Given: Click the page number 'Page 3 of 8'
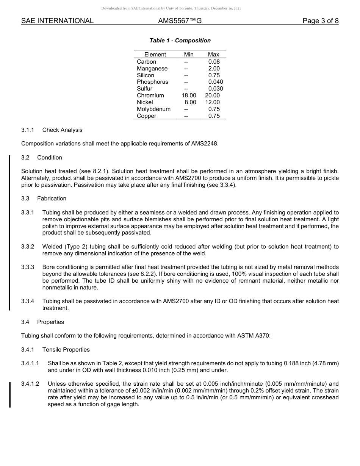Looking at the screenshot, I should point(320,21).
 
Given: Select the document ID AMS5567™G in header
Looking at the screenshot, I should point(180,21).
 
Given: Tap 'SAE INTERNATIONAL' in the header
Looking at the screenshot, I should point(57,21).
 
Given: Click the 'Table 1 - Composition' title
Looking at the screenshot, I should point(180,41).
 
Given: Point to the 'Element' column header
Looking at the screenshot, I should point(155,55).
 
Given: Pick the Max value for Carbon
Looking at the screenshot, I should point(214,62).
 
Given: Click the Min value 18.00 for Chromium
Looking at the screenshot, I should point(189,95).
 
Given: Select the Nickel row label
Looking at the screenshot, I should point(145,102).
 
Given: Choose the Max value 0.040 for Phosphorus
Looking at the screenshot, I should point(215,82).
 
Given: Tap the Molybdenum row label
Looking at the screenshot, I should point(153,109).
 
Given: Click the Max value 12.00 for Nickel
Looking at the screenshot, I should point(212,102).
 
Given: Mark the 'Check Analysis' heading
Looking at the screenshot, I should point(62,130).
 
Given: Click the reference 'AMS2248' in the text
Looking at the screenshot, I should point(205,144).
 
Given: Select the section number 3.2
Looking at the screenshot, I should point(25,158).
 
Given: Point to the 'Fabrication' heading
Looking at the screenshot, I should point(52,199).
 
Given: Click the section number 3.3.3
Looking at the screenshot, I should point(28,267).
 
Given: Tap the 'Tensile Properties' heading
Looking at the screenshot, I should point(66,349).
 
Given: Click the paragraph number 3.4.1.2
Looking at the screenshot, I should point(30,384).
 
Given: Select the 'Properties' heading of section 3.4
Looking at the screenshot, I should point(50,322).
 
